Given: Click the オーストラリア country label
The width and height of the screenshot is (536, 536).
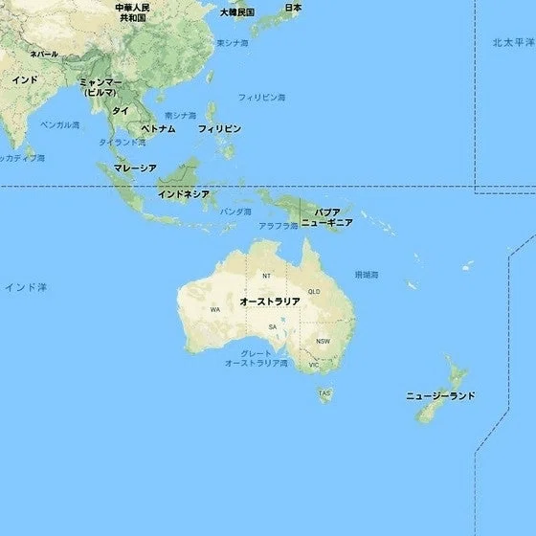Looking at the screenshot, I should click(270, 301).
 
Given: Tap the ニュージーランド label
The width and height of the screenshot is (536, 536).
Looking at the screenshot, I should click(440, 395).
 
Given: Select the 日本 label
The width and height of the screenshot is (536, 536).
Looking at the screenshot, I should click(293, 8).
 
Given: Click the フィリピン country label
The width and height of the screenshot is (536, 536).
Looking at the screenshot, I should click(219, 128).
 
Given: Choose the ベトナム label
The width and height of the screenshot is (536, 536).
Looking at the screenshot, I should click(158, 128).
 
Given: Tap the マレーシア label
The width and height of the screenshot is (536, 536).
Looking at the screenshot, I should click(134, 167).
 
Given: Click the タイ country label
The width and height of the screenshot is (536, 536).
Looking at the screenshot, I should click(121, 111).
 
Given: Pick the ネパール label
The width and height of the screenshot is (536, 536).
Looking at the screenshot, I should click(44, 55).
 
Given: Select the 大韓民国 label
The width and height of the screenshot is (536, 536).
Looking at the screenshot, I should click(236, 12).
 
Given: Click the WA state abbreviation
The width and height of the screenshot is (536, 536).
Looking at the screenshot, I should click(215, 310).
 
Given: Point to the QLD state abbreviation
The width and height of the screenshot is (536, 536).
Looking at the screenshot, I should click(314, 292).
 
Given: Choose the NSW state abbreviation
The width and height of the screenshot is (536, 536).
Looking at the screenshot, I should click(323, 341).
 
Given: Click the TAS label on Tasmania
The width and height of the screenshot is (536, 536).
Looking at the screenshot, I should click(324, 392).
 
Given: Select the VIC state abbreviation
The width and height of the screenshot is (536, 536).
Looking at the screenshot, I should click(313, 365).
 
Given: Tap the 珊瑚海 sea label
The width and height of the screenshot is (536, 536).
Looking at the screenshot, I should click(366, 274).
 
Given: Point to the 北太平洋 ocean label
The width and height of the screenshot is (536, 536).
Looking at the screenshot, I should click(514, 43).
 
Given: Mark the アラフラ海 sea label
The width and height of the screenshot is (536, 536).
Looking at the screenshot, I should click(279, 225).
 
